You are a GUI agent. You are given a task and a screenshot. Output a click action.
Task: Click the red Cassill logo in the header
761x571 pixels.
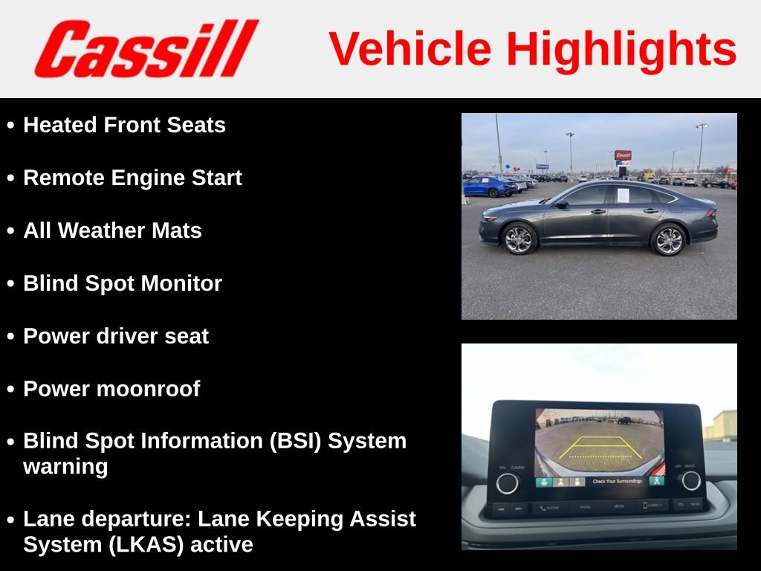(146, 48)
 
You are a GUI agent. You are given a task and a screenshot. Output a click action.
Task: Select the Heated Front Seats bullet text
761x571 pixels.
(124, 125)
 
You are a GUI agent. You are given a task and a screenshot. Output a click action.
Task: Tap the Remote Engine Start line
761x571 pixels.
(132, 178)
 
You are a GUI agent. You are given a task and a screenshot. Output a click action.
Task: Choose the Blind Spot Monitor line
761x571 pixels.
(123, 283)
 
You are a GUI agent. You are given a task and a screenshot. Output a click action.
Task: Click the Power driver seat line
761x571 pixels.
(116, 336)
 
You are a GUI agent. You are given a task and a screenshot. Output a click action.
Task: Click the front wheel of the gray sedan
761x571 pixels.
(518, 239)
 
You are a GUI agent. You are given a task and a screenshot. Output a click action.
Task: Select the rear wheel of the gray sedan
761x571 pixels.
(667, 239)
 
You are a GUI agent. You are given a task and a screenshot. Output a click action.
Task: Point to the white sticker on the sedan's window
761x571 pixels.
(622, 195)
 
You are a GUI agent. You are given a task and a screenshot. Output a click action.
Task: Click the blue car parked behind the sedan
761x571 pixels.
(488, 186)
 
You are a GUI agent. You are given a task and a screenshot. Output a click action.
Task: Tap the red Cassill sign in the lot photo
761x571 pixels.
(622, 155)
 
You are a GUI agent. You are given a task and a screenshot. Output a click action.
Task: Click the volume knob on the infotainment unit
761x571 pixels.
(508, 483)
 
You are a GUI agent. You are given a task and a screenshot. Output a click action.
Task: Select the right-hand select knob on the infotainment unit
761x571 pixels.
(690, 481)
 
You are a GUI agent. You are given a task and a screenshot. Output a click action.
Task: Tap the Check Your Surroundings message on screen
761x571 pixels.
(617, 482)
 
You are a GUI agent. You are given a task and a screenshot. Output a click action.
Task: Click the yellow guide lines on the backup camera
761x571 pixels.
(600, 448)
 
